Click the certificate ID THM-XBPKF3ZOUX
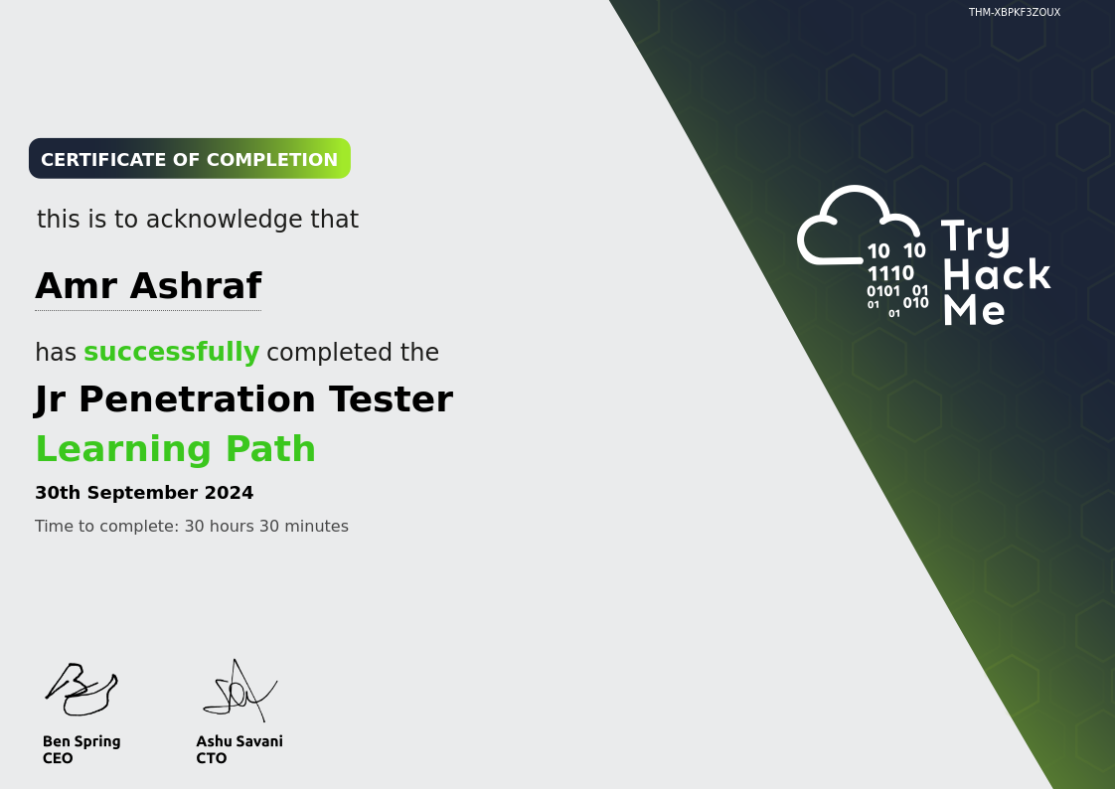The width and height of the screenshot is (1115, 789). (x=1014, y=12)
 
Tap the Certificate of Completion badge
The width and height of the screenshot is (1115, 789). (x=190, y=159)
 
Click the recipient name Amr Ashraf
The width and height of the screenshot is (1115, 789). (x=149, y=286)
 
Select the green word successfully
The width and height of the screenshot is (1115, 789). (x=171, y=353)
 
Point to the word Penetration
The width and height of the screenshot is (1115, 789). (x=197, y=398)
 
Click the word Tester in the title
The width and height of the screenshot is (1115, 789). (x=391, y=398)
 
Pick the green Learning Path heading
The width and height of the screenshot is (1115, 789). (x=176, y=449)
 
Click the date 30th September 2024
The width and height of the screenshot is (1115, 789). (x=144, y=493)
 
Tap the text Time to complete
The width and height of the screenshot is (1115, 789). (x=106, y=526)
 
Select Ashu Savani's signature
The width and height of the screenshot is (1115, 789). (x=239, y=691)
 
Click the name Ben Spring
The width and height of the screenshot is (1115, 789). (x=81, y=741)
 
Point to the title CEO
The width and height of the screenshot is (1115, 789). (x=58, y=758)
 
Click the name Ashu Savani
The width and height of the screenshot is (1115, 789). (x=239, y=741)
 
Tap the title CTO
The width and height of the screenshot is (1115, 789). (x=212, y=758)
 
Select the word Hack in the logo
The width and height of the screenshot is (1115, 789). (x=997, y=274)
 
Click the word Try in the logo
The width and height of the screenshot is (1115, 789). (x=976, y=237)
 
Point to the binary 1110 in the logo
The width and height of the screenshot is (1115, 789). (x=890, y=273)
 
